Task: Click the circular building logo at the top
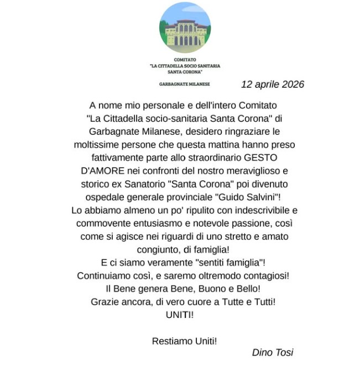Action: point(185,28)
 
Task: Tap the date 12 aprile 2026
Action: point(273,85)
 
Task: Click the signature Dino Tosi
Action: point(273,352)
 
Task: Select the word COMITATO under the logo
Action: point(185,59)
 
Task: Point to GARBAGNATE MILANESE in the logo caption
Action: point(185,85)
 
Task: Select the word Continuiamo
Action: point(104,275)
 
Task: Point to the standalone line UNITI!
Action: point(180,315)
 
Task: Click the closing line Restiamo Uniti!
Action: point(184,341)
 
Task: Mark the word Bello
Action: point(246,289)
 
